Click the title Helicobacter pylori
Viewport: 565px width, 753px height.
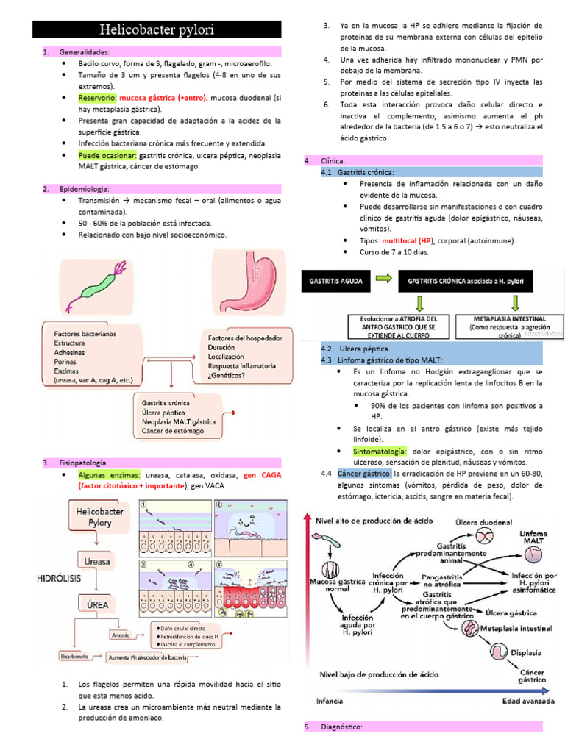pyautogui.click(x=157, y=30)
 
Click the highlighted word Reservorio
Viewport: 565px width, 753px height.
pyautogui.click(x=97, y=97)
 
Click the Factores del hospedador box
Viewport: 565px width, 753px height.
pyautogui.click(x=245, y=356)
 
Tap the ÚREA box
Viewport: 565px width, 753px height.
pyautogui.click(x=98, y=603)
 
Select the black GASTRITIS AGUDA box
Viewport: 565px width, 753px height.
pyautogui.click(x=336, y=280)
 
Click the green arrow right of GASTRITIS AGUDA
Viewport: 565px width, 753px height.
pyautogui.click(x=382, y=280)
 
